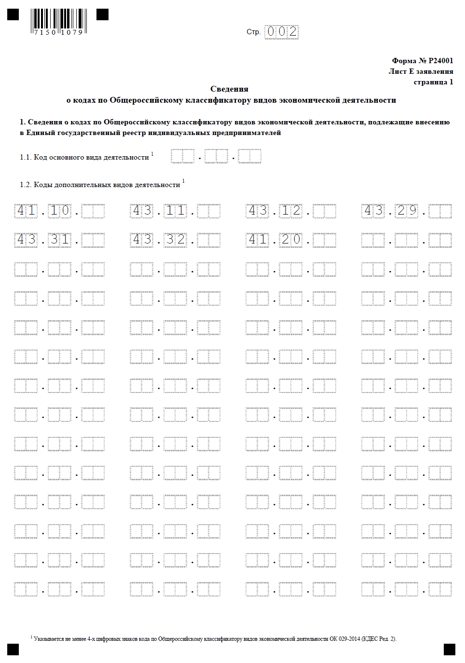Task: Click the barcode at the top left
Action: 59,21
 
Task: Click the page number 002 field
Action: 282,32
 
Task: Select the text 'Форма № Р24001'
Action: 422,61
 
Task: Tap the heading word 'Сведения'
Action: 229,89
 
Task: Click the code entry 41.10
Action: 43,211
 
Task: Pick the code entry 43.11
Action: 159,211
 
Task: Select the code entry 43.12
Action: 275,211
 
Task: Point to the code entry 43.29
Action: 391,211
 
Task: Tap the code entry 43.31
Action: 43,240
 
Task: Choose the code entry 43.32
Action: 159,240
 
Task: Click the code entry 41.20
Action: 275,240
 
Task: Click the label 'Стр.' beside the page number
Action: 253,32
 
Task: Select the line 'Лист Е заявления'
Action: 421,71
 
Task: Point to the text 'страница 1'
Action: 433,82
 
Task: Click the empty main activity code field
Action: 216,156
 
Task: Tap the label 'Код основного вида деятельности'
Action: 91,157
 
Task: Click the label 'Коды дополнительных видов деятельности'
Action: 107,185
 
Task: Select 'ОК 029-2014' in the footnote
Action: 344,639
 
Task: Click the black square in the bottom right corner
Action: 449,649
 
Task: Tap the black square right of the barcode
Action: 102,14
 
